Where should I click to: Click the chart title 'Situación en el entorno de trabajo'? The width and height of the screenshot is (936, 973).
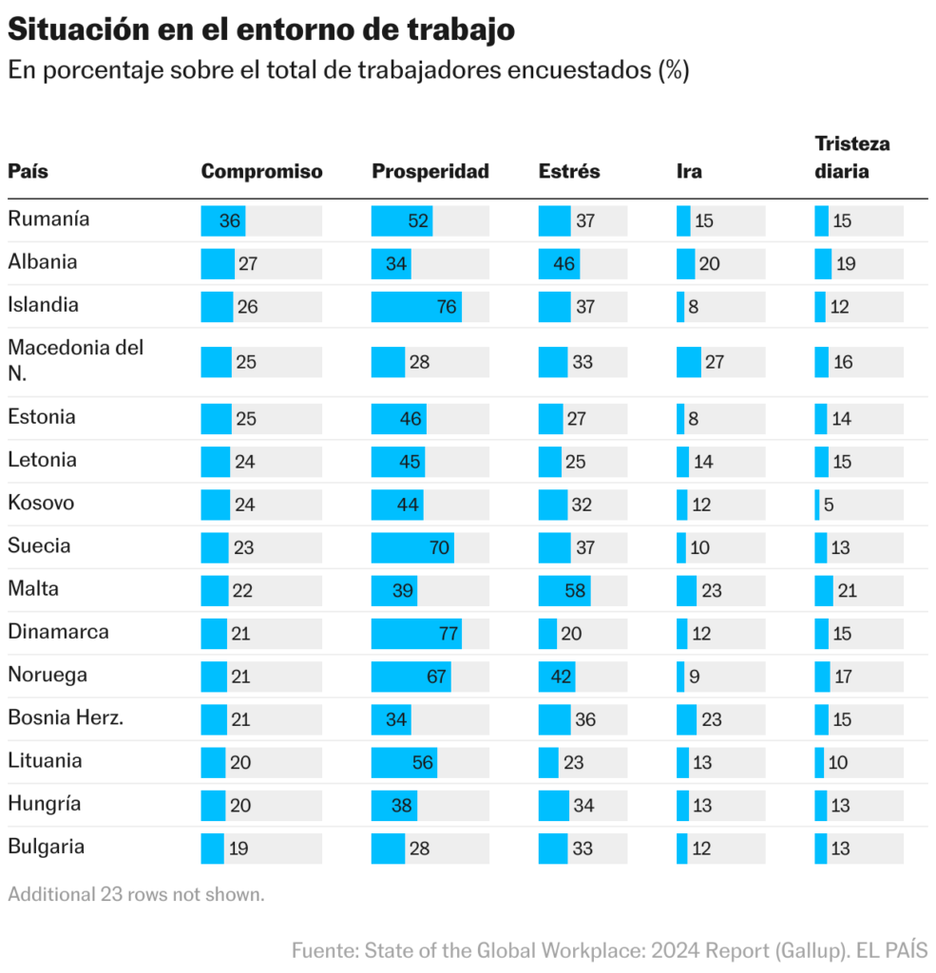point(261,29)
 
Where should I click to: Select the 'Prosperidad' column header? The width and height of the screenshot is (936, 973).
point(430,172)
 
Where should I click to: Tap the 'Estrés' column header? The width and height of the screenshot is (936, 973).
point(569,172)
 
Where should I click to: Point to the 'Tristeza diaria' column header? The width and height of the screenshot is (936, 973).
point(852,158)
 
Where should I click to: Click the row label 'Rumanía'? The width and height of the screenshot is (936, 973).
point(48,219)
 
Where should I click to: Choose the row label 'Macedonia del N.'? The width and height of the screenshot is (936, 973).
point(76,360)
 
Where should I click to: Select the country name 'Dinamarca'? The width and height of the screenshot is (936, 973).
point(58,631)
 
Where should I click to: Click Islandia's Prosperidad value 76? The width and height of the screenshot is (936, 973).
point(447,307)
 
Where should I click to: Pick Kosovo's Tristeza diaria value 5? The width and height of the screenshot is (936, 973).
point(829,505)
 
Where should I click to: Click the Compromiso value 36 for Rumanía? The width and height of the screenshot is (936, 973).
point(230,221)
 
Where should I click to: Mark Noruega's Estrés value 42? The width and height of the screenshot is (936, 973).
point(562,677)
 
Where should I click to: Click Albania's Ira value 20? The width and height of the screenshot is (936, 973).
point(709,264)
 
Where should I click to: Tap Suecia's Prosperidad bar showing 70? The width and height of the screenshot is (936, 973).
point(412,547)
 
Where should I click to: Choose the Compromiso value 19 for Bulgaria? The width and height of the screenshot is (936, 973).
point(239,849)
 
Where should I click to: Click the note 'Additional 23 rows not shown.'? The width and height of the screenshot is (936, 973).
point(136,894)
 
